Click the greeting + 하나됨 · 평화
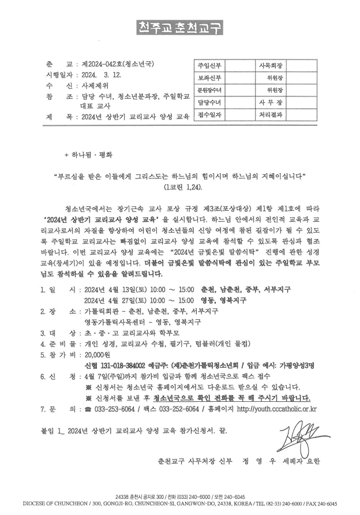tap(89, 155)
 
